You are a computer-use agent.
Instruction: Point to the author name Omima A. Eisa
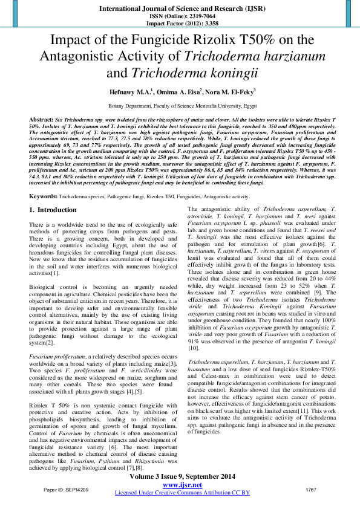click(180, 92)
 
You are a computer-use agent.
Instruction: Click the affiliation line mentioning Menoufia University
click(180, 105)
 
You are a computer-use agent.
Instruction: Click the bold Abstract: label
click(42, 120)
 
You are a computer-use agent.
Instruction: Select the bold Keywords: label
click(44, 196)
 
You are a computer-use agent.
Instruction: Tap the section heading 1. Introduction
click(53, 210)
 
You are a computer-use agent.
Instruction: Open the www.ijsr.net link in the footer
click(182, 485)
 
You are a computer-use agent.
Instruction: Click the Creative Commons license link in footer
click(182, 493)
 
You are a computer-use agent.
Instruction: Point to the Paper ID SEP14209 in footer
click(66, 489)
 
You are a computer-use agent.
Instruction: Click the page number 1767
click(311, 489)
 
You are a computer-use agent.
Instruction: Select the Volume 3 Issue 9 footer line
click(182, 478)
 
